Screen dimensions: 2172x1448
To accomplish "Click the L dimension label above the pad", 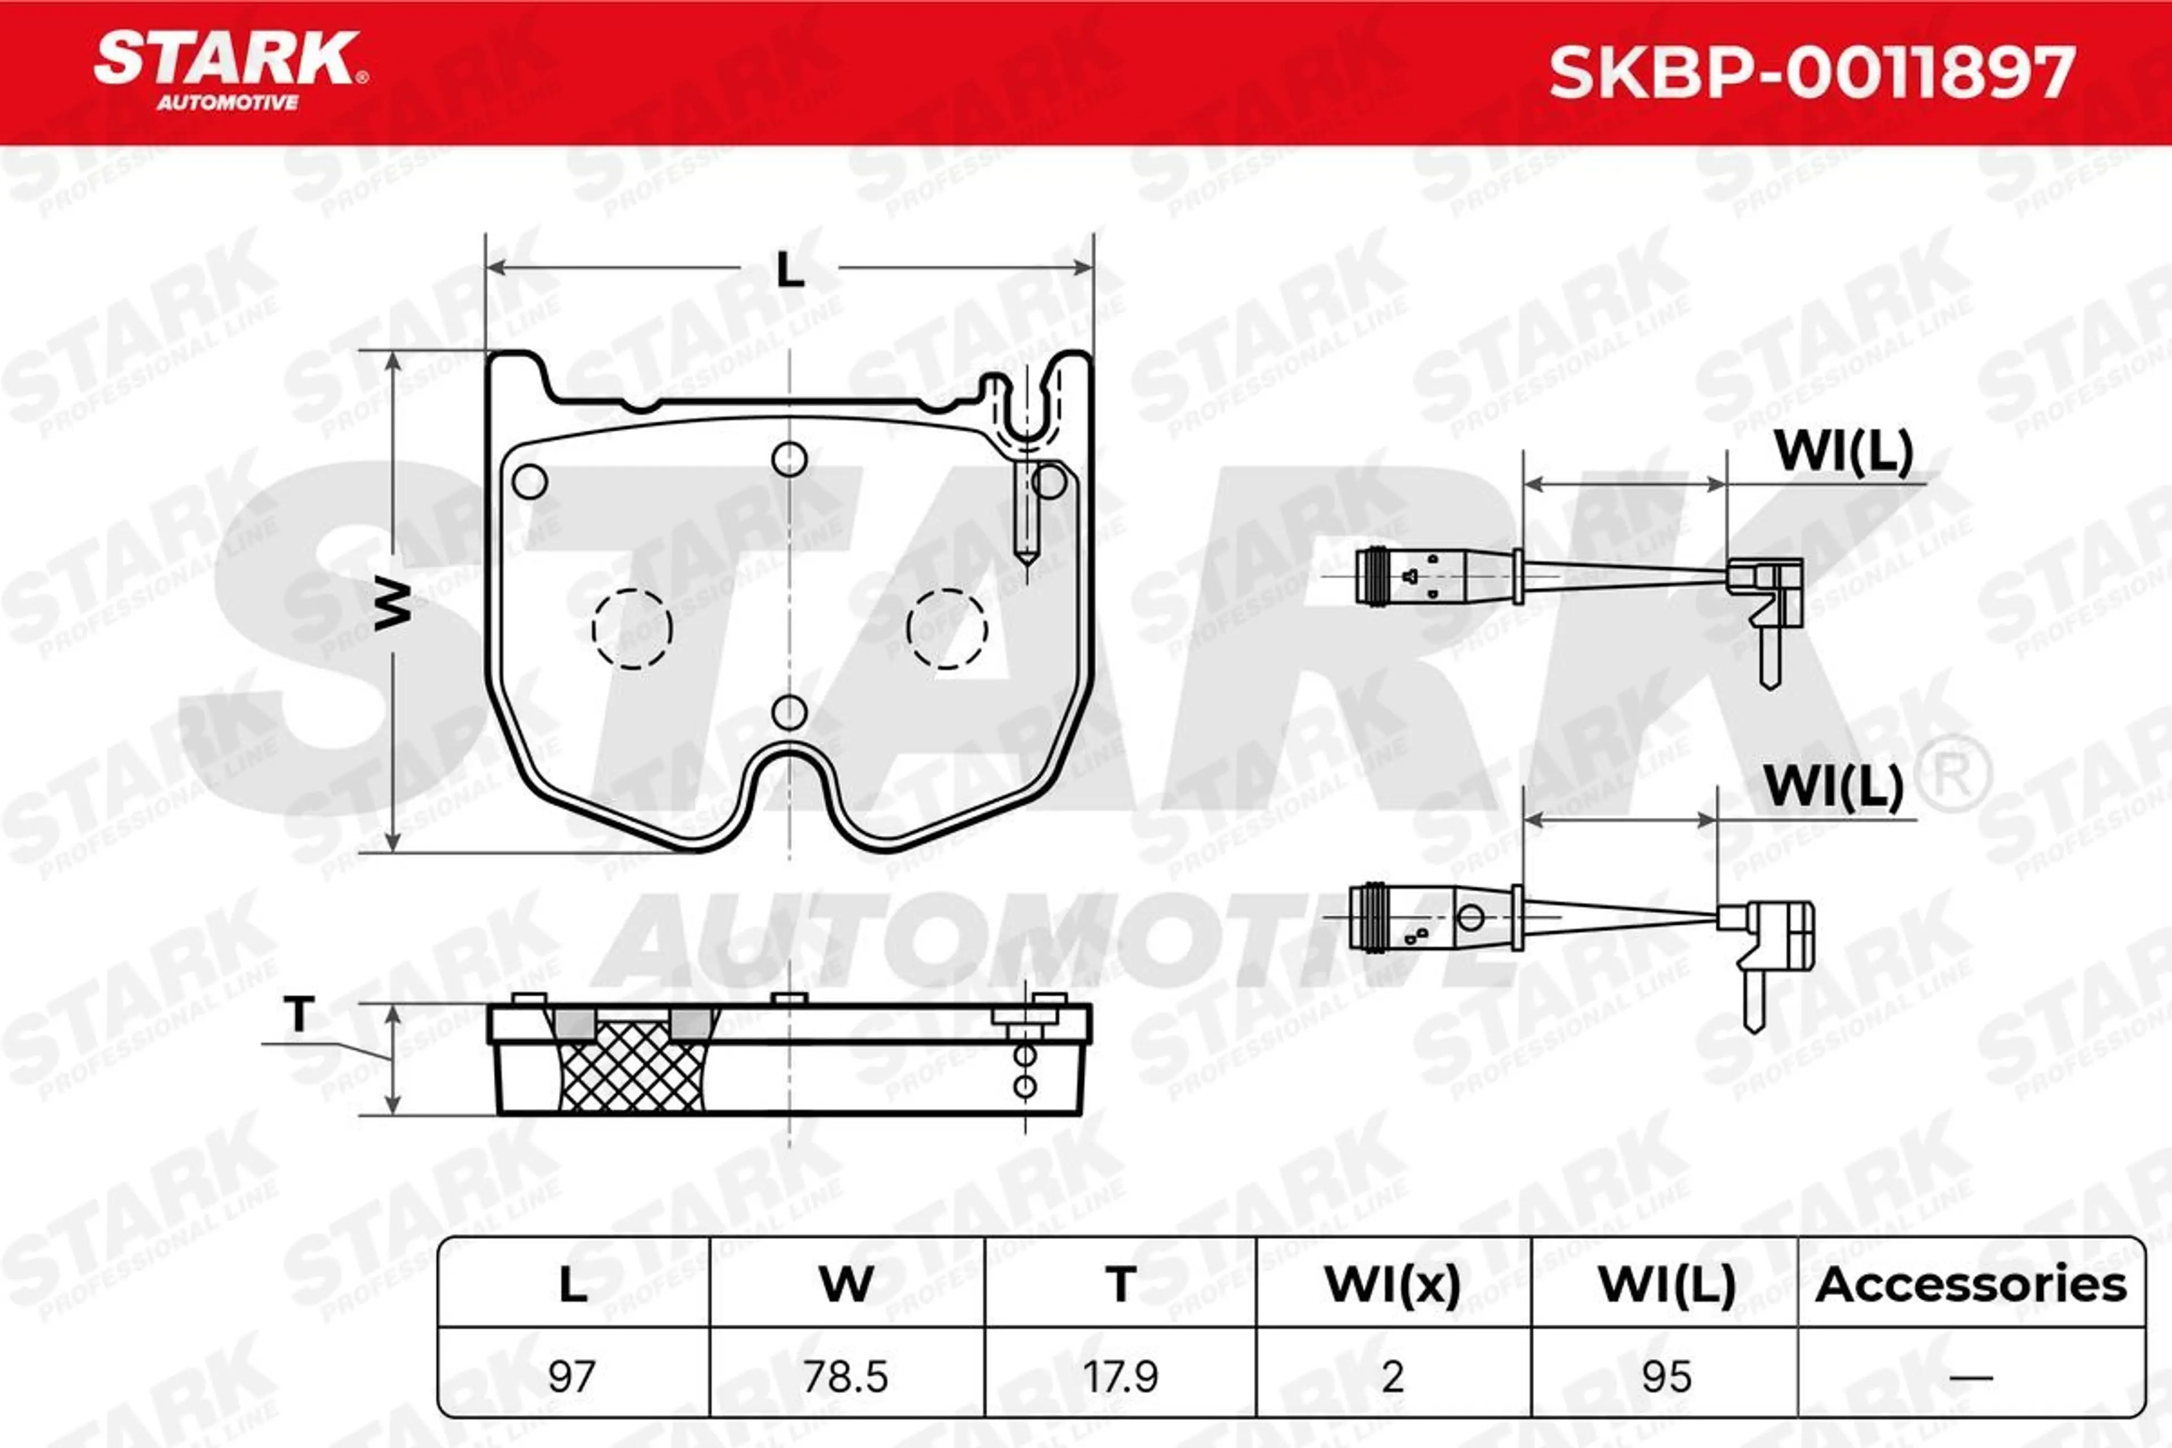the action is pyautogui.click(x=790, y=270).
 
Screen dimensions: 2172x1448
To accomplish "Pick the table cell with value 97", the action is pyautogui.click(x=572, y=1377).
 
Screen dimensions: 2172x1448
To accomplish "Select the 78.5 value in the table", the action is pyautogui.click(x=846, y=1377).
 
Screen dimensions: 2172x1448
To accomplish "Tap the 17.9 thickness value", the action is pyautogui.click(x=1120, y=1377).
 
